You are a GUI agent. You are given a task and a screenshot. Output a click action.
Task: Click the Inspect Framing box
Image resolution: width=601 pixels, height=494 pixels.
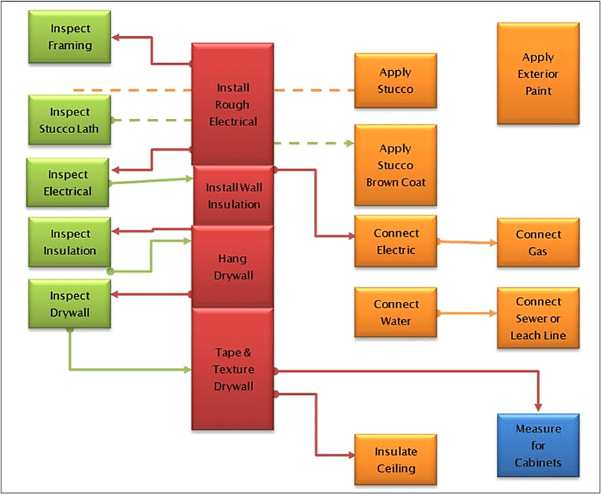70,37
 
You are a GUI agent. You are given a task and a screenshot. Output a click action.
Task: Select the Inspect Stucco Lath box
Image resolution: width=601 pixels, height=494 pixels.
70,120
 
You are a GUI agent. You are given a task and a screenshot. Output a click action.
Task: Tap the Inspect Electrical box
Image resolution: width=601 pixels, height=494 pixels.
68,183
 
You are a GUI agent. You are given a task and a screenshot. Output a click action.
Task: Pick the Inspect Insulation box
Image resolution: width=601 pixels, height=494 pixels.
69,242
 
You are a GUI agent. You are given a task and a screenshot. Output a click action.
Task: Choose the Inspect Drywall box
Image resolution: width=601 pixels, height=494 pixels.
69,304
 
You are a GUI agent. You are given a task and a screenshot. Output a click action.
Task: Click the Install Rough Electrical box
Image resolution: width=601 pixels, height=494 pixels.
232,104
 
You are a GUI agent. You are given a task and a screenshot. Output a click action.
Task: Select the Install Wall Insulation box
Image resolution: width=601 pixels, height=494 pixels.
233,196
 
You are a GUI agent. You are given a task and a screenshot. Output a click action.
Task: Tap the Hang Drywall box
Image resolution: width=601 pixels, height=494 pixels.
233,266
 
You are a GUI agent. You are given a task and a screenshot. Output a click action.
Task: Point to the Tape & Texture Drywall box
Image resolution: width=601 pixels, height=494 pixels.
232,369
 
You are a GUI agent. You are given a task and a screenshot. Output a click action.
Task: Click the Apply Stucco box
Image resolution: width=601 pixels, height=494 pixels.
395,81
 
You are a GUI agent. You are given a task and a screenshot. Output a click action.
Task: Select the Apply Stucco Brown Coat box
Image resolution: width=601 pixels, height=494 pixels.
395,165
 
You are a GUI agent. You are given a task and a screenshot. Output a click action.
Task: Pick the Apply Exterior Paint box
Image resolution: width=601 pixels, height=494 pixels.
538,74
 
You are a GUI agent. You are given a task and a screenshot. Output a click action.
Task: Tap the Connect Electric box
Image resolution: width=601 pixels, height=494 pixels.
395,242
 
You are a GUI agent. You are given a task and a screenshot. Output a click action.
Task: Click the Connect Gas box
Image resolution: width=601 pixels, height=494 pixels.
538,242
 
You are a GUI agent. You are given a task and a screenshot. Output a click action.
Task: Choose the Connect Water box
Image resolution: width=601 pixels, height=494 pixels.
396,313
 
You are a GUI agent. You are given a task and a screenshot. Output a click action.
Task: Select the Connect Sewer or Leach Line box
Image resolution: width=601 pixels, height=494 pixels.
538,318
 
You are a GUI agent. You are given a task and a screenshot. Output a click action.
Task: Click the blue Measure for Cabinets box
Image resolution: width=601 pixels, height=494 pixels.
538,445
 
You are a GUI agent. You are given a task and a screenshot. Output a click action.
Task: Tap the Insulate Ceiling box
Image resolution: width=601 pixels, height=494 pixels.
395,460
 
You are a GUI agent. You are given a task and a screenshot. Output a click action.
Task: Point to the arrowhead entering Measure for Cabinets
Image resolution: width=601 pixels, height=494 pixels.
539,408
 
